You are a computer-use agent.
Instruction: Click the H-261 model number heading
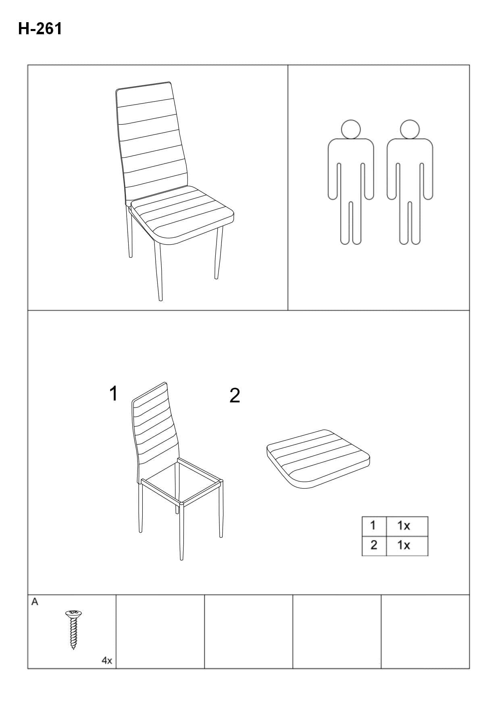[40, 29]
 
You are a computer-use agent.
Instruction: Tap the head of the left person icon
[351, 129]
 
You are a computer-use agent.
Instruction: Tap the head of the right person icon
[410, 129]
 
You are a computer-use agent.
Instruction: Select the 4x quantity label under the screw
[107, 661]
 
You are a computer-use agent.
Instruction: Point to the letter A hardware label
[35, 602]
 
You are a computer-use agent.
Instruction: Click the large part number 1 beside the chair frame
[114, 393]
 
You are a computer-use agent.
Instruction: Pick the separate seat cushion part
[318, 459]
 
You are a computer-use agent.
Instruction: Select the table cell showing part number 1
[374, 526]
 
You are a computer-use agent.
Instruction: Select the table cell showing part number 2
[374, 546]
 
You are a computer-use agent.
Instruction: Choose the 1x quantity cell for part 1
[407, 526]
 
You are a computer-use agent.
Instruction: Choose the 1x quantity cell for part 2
[407, 546]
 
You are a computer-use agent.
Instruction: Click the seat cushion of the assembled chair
[182, 216]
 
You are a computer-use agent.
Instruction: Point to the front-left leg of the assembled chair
[158, 270]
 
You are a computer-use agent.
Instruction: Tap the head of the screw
[73, 614]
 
